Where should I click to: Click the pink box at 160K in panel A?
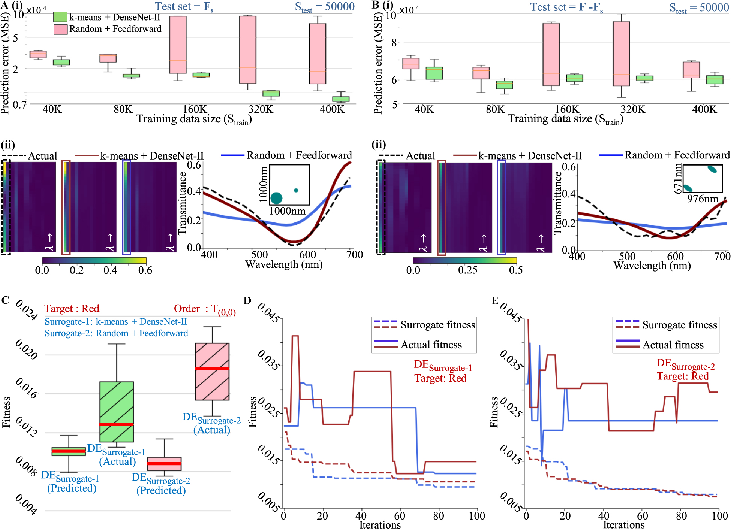pyautogui.click(x=178, y=45)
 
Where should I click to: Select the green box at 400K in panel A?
pyautogui.click(x=341, y=99)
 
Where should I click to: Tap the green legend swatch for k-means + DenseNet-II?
pyautogui.click(x=60, y=17)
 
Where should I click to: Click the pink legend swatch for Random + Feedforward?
pyautogui.click(x=60, y=29)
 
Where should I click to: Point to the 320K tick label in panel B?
pyautogui.click(x=633, y=109)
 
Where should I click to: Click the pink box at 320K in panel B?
pyautogui.click(x=621, y=54)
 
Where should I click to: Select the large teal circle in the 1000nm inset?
pyautogui.click(x=276, y=198)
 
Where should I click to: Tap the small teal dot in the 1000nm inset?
pyautogui.click(x=296, y=190)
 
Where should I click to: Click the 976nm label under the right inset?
pyautogui.click(x=702, y=199)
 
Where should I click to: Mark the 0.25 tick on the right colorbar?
pyautogui.click(x=467, y=270)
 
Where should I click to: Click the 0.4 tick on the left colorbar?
pyautogui.click(x=110, y=270)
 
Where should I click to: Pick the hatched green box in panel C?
pyautogui.click(x=117, y=412)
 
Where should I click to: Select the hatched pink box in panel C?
pyautogui.click(x=212, y=371)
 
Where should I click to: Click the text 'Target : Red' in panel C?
pyautogui.click(x=72, y=308)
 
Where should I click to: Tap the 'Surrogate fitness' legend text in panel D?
pyautogui.click(x=437, y=325)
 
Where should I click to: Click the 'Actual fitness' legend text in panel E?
pyautogui.click(x=673, y=345)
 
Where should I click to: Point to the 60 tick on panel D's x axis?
pyautogui.click(x=400, y=516)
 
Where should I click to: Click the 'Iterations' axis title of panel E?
pyautogui.click(x=623, y=525)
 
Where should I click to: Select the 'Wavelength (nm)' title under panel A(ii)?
pyautogui.click(x=284, y=264)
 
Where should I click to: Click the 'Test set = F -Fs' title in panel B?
pyautogui.click(x=566, y=7)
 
